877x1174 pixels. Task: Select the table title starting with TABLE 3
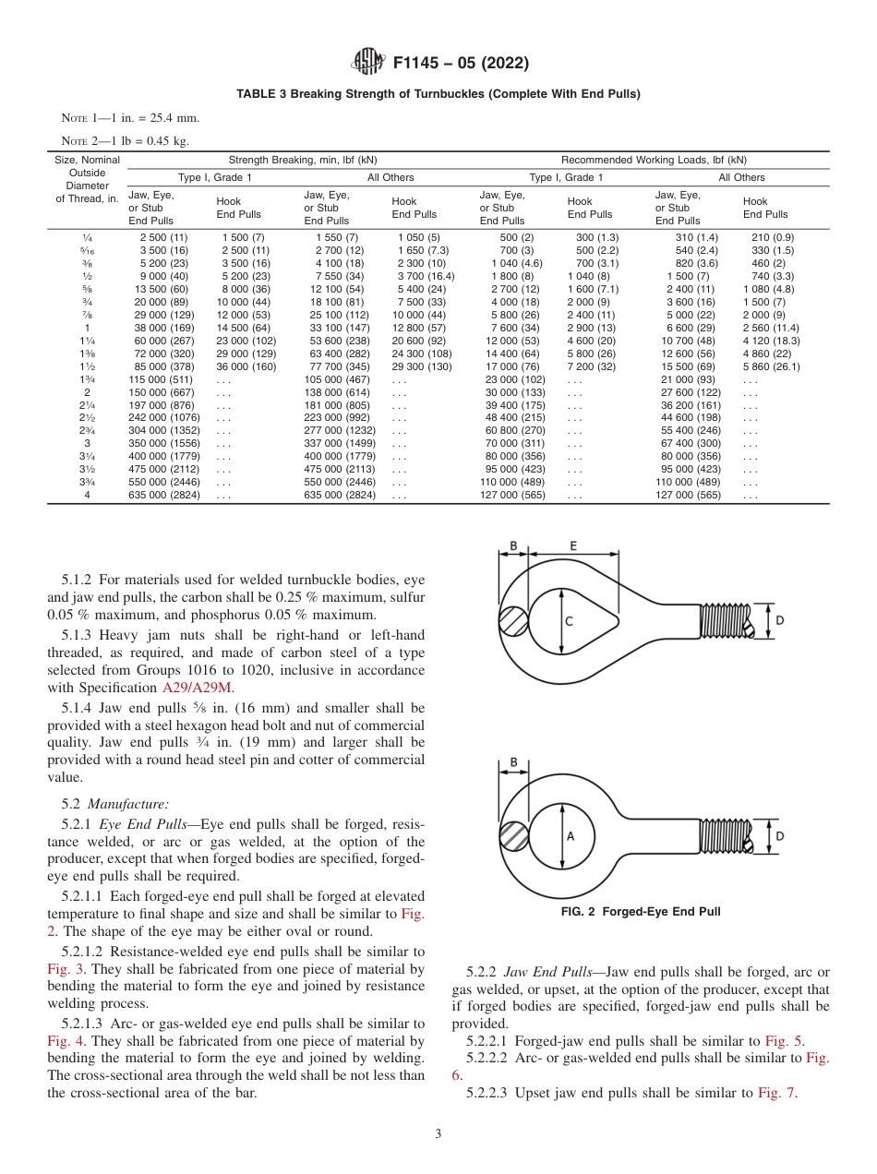(438, 93)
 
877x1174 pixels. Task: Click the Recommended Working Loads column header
(654, 160)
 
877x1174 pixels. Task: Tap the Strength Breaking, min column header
(303, 160)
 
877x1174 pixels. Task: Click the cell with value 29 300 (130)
(422, 366)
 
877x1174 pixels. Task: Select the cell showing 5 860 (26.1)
(771, 366)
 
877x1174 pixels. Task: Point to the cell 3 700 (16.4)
(425, 276)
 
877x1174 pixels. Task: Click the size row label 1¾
(87, 379)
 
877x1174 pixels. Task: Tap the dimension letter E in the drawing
(573, 545)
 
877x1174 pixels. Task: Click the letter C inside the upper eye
(568, 621)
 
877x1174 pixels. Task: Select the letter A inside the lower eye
(570, 836)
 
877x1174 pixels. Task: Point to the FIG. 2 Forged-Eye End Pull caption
(641, 912)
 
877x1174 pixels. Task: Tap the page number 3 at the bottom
(438, 1134)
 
